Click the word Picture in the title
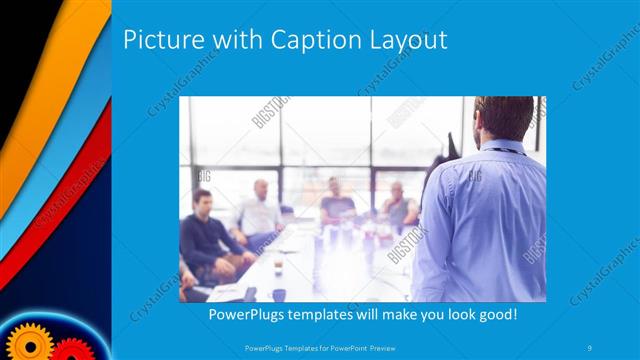[160, 40]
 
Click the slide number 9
[591, 347]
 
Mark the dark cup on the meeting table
[279, 293]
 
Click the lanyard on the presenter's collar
[505, 150]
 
